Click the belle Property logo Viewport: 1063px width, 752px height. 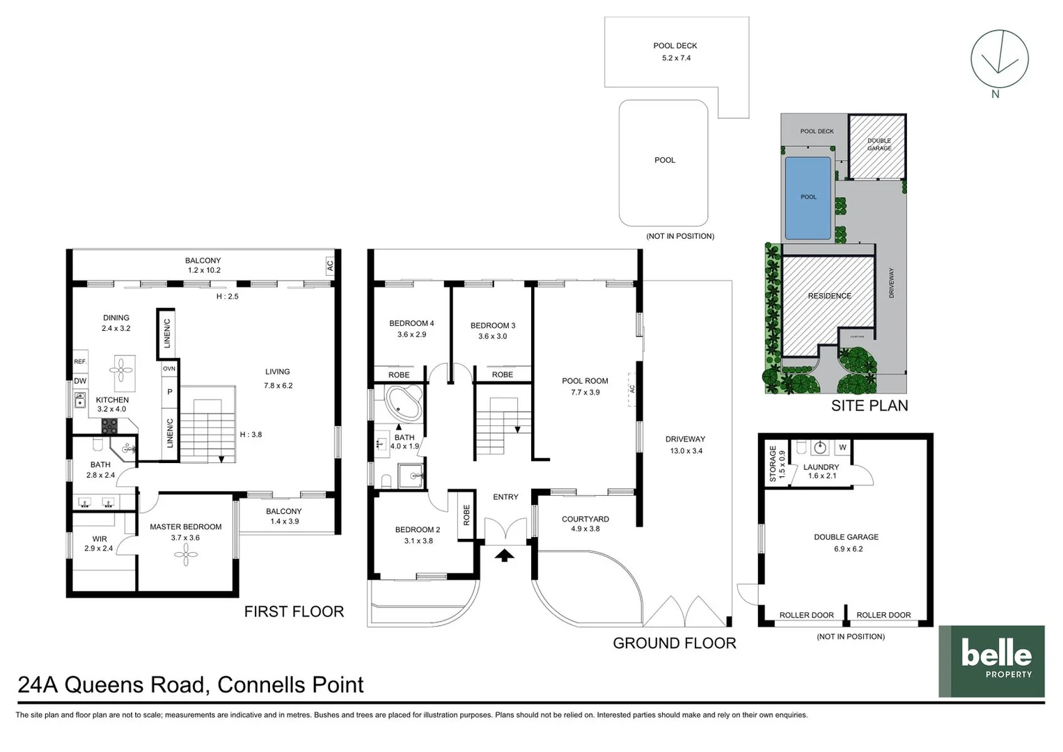pyautogui.click(x=991, y=661)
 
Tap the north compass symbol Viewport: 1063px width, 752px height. pyautogui.click(x=1000, y=61)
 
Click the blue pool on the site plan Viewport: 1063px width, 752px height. pyautogui.click(x=808, y=198)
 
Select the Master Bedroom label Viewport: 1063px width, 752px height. pyautogui.click(x=185, y=527)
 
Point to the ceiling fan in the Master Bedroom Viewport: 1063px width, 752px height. pyautogui.click(x=185, y=554)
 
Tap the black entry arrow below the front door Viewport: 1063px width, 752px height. pyautogui.click(x=505, y=555)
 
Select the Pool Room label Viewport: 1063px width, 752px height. pyautogui.click(x=585, y=381)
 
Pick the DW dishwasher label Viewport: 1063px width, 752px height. pyautogui.click(x=80, y=381)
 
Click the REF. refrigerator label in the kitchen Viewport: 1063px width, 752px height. pyautogui.click(x=80, y=361)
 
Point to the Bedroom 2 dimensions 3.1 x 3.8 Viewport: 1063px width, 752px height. pyautogui.click(x=418, y=541)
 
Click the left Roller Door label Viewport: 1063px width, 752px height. pyautogui.click(x=806, y=615)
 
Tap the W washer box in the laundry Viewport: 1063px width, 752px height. pyautogui.click(x=842, y=447)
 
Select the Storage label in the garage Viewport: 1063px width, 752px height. pyautogui.click(x=773, y=464)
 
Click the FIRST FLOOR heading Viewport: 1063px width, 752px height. pyautogui.click(x=294, y=611)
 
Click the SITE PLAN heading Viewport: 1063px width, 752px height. pyautogui.click(x=869, y=405)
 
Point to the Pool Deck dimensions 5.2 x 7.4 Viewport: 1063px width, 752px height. pyautogui.click(x=676, y=58)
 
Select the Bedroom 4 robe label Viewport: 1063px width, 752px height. pyautogui.click(x=399, y=375)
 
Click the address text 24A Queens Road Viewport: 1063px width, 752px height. pyautogui.click(x=112, y=685)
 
